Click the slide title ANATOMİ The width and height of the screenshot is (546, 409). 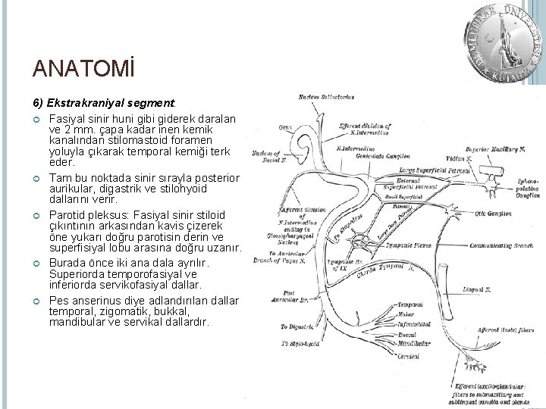[x=83, y=70]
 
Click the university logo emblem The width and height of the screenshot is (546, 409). [x=502, y=42]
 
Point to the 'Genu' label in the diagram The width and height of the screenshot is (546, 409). [x=285, y=126]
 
